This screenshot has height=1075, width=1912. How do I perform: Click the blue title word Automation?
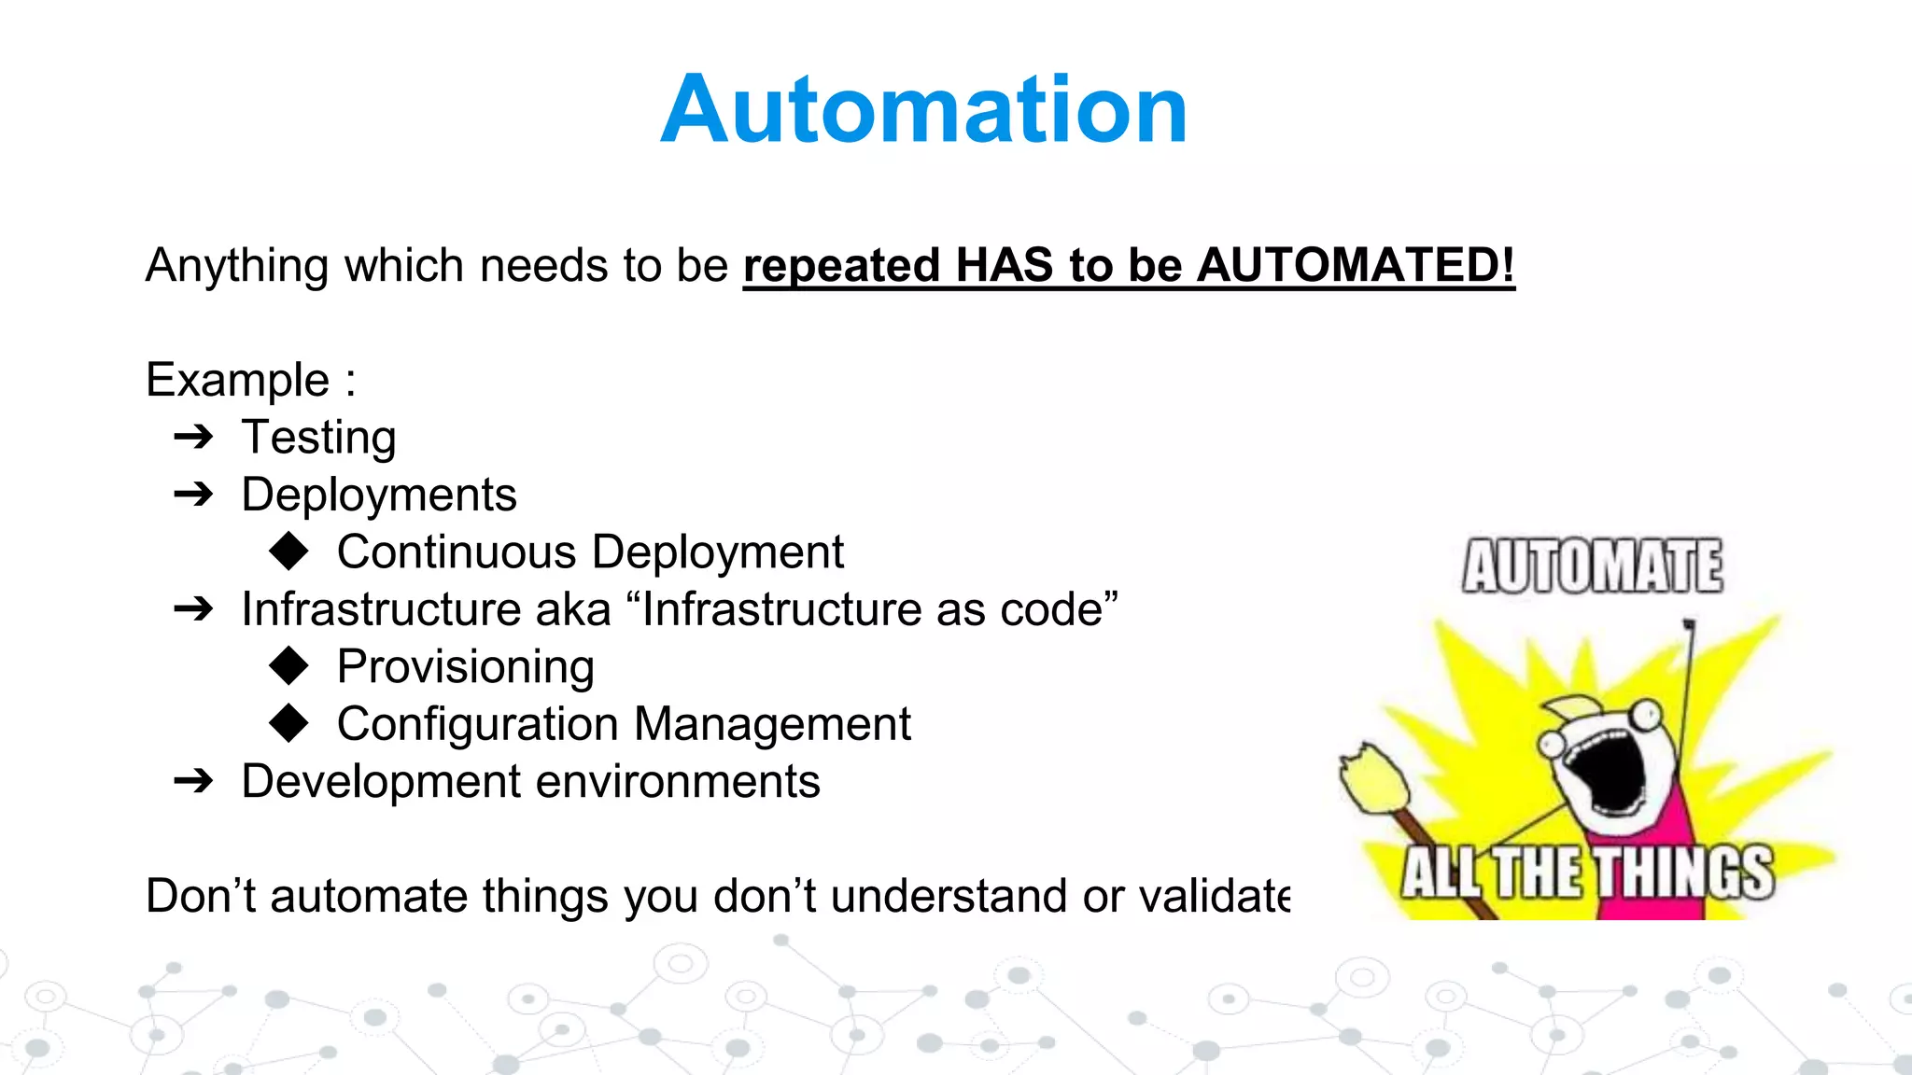point(923,110)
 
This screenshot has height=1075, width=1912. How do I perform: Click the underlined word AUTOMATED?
point(1356,265)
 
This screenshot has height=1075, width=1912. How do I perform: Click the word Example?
point(238,381)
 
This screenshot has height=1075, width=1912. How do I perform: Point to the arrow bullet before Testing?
point(194,437)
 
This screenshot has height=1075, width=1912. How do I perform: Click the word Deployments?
point(378,495)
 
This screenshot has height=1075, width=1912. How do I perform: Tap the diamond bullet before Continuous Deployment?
point(288,551)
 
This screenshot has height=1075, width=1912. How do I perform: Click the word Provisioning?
point(465,667)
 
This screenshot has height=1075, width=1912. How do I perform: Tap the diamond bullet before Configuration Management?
point(288,723)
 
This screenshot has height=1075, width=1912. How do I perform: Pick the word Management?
point(772,724)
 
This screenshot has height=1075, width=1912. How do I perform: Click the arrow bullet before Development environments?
point(194,781)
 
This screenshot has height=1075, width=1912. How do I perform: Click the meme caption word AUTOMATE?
point(1592,565)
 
